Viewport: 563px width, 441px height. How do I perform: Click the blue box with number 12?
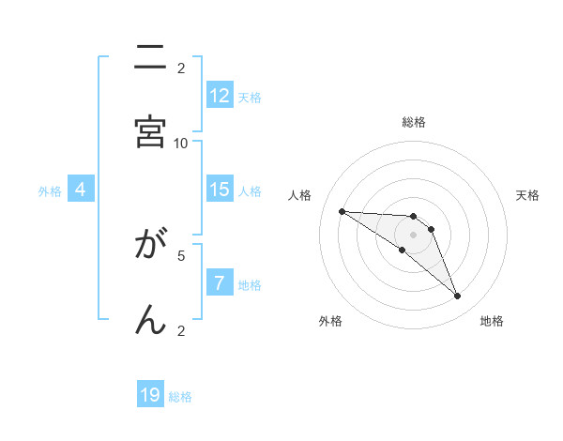(220, 96)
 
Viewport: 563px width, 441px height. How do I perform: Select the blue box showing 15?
(220, 190)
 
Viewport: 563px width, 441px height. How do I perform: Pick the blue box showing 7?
(220, 283)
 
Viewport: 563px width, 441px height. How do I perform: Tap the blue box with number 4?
(81, 190)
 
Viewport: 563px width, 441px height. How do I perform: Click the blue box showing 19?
(150, 395)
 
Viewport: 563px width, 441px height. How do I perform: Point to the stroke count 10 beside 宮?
(181, 143)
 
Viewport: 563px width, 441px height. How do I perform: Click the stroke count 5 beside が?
(181, 254)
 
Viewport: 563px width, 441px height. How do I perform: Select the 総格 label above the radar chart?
(414, 122)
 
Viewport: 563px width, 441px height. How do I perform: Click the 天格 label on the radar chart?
(527, 195)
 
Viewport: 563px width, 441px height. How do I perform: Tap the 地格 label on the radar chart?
(492, 321)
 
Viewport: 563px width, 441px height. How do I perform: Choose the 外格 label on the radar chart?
(330, 321)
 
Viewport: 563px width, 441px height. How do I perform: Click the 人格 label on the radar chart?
(300, 195)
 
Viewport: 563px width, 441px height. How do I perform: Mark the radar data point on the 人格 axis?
(342, 211)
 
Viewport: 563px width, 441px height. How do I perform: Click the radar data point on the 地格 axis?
(458, 297)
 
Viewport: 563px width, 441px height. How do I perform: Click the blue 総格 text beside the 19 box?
(180, 397)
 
